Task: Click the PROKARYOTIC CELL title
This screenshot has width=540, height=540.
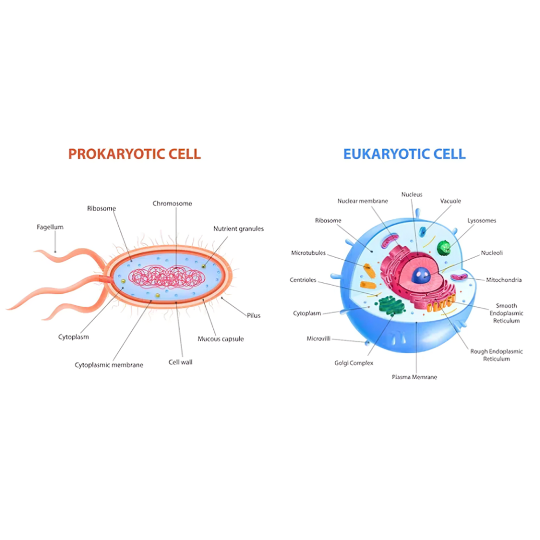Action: (x=134, y=153)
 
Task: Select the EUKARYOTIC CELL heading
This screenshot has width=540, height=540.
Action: (x=404, y=153)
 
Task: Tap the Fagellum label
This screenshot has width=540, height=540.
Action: (x=50, y=227)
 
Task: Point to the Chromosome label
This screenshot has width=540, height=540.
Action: (x=172, y=204)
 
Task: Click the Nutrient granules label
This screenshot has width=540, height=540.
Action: (x=238, y=228)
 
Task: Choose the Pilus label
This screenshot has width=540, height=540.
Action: (x=253, y=315)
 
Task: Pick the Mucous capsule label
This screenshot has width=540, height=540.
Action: (x=220, y=339)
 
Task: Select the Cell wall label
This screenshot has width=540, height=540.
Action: (x=180, y=362)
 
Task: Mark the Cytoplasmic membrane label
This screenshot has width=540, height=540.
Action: (x=109, y=365)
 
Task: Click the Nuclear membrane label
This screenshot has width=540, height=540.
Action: (x=362, y=201)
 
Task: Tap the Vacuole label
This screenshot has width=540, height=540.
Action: (x=450, y=201)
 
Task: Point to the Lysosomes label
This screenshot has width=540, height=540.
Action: (x=482, y=220)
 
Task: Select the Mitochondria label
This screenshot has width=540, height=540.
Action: (x=503, y=280)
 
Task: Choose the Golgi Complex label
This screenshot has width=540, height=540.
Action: (x=354, y=363)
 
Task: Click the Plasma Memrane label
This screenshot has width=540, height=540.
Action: (x=414, y=376)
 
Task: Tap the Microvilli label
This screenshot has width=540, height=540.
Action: (x=319, y=339)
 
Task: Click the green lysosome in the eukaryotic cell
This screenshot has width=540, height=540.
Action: (x=444, y=247)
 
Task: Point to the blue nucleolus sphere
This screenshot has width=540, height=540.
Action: (x=420, y=276)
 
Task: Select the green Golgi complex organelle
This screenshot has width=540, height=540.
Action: (x=392, y=306)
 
